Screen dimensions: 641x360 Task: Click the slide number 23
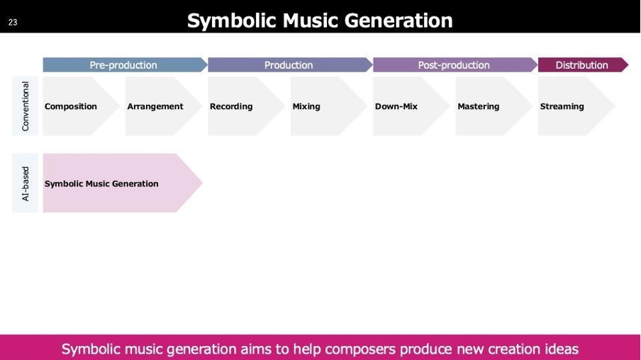click(13, 23)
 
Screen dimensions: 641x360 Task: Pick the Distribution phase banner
click(583, 65)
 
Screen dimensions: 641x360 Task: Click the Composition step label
click(71, 106)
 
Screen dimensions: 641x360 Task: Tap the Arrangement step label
click(155, 106)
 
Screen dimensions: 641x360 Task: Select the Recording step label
click(231, 106)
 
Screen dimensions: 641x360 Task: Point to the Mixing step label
click(306, 106)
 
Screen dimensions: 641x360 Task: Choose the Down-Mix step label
click(396, 106)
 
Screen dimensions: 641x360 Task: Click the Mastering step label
click(479, 106)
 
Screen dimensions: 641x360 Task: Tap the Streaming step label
click(562, 106)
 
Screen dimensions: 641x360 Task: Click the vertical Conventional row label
click(26, 106)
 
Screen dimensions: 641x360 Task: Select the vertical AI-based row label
click(26, 184)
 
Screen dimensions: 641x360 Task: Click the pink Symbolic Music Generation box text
click(101, 184)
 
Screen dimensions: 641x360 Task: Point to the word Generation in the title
click(398, 21)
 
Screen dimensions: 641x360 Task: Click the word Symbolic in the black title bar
click(232, 21)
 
